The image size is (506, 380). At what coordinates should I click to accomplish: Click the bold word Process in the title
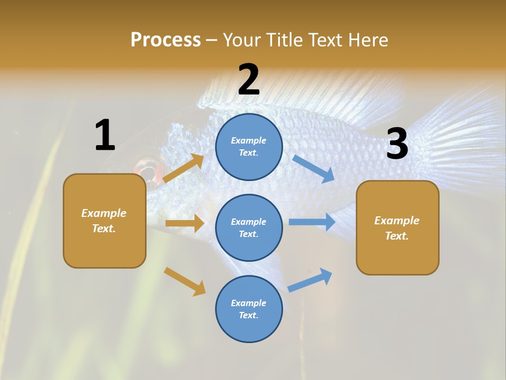coord(166,40)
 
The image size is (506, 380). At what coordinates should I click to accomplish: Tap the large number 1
coord(105,135)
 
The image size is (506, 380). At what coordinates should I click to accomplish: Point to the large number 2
coord(249,80)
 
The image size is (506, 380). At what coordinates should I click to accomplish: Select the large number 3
coord(397,144)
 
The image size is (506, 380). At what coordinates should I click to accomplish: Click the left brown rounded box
coord(104,221)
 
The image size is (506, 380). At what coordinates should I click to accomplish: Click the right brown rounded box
coord(397,227)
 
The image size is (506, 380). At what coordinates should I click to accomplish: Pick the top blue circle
coord(249,147)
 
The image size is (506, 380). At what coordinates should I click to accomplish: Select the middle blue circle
coord(249,227)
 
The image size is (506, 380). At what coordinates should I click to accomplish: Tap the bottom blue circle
coord(249,309)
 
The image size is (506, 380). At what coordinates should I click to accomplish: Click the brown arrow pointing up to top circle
coord(184,168)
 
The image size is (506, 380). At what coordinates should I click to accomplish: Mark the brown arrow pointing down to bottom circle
coord(185,281)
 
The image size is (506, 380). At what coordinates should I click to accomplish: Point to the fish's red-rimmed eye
coord(147,173)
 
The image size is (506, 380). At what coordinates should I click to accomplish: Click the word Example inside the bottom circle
coord(249,303)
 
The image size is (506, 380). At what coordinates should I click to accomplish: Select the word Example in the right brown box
coord(397,221)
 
